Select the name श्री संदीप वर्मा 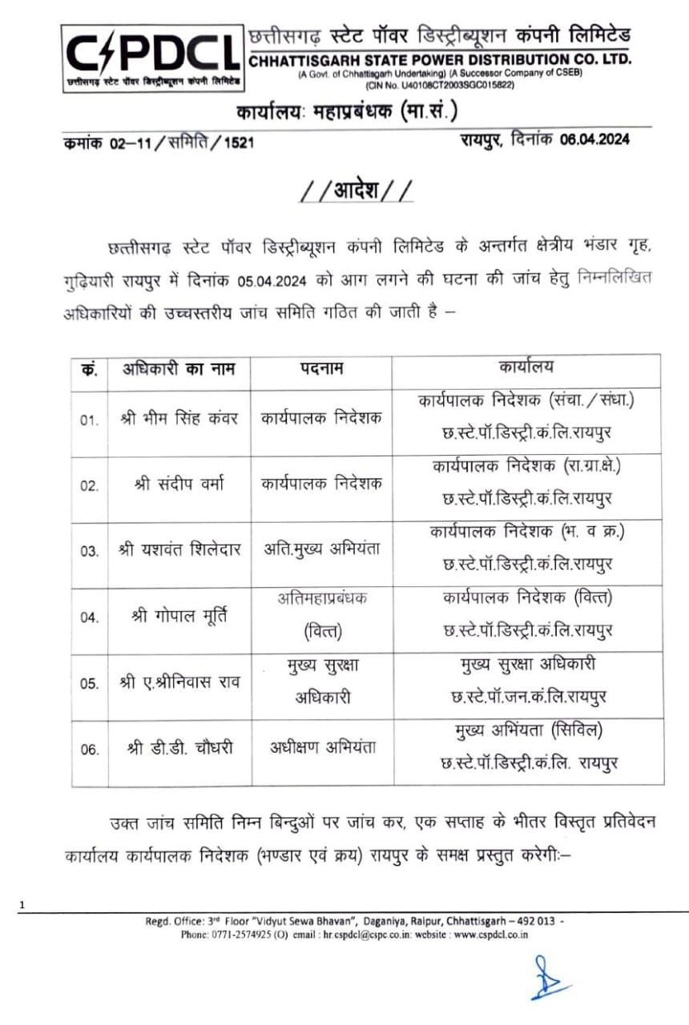coord(179,484)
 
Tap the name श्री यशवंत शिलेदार coord(179,550)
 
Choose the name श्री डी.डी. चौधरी coord(179,748)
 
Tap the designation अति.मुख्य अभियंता coord(322,549)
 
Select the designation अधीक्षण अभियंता coord(322,747)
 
